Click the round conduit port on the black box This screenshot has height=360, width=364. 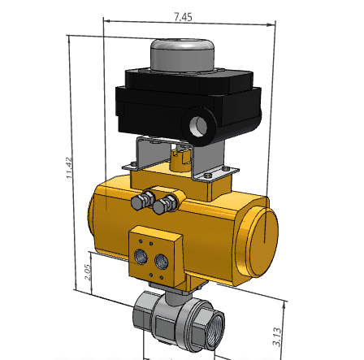tap(199, 126)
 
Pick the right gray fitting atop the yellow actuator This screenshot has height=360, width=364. tap(167, 202)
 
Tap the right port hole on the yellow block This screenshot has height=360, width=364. tap(162, 262)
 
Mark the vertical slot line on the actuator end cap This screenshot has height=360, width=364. tap(265, 232)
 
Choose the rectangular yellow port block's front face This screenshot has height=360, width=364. tap(154, 258)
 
